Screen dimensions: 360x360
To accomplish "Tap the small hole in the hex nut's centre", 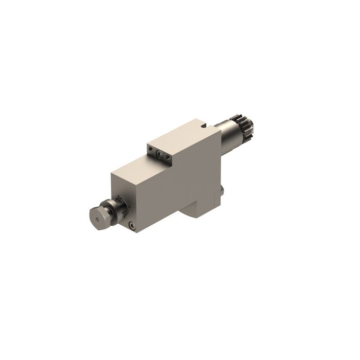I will click(x=96, y=218).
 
